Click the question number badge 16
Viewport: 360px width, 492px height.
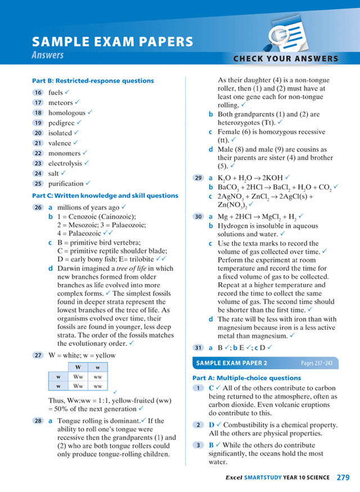38,93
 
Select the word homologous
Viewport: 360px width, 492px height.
67,113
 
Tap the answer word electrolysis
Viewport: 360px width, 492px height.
65,164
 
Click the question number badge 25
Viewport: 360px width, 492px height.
38,184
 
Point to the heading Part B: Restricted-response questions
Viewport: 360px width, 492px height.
93,81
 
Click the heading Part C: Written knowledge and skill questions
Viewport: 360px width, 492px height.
105,196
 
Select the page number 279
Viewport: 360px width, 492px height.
344,477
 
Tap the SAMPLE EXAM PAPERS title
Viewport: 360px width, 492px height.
112,42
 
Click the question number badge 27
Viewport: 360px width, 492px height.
38,355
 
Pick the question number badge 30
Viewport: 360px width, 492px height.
198,216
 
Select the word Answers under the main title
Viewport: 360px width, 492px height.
48,55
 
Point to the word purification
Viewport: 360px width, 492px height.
66,184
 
